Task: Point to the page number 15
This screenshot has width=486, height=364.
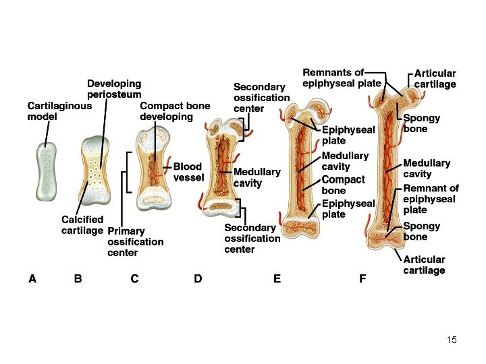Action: coord(452,340)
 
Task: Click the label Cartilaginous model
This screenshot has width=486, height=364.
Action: coord(59,111)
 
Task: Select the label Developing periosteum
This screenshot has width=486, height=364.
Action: coord(114,89)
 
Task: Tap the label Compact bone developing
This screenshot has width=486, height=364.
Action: coord(174,111)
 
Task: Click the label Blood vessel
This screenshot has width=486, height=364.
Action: coord(188,172)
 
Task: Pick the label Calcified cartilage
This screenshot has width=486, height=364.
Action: coord(82,224)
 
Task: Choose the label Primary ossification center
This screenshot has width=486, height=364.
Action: coord(135,242)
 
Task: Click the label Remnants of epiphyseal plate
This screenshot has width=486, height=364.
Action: coord(342,78)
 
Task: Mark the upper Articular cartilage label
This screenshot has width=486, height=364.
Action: coord(435,79)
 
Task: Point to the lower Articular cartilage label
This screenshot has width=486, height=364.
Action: coord(425,265)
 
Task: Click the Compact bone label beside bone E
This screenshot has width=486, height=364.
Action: coord(343,185)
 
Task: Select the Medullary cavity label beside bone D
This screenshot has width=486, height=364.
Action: coord(256,177)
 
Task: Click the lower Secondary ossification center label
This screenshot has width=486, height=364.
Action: coord(252,239)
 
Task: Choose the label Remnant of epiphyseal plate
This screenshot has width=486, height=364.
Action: coord(431,199)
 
